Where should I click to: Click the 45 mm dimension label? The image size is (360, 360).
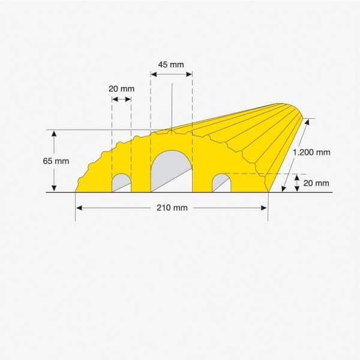point(171,64)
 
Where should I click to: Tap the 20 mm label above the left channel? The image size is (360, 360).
point(121,89)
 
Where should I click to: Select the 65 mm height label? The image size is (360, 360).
point(56,161)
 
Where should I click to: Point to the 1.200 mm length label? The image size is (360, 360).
point(311,152)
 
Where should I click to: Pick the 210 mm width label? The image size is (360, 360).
point(172,208)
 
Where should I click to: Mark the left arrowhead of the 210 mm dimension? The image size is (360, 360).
point(79,208)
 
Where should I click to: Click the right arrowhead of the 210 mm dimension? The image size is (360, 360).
point(265,208)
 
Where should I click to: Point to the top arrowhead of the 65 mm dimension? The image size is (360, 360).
point(54,133)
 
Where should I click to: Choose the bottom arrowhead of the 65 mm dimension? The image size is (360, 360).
point(54,189)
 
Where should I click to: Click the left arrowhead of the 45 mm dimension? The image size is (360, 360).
point(153,74)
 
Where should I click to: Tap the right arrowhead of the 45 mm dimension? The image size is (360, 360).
point(190,74)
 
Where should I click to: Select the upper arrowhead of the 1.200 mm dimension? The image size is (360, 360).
point(309,121)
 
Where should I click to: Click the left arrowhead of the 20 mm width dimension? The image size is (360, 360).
point(115,98)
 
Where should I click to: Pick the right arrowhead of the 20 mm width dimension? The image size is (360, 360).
point(128,98)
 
